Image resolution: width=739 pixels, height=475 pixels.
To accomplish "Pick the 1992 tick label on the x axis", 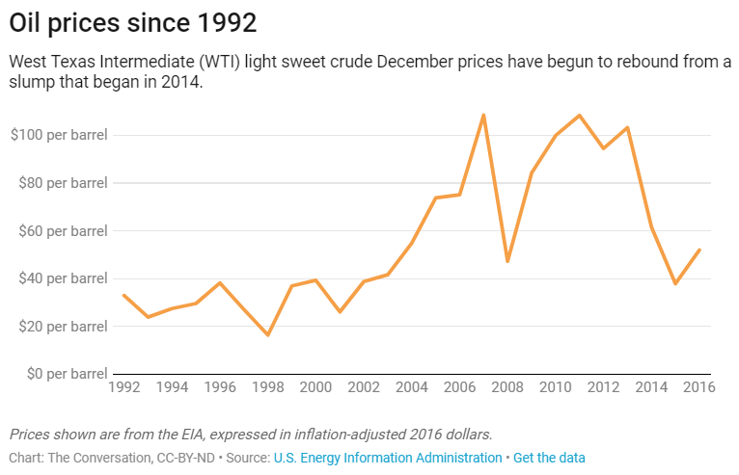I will [x=123, y=388].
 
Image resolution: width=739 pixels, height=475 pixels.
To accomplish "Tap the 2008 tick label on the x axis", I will [x=507, y=388].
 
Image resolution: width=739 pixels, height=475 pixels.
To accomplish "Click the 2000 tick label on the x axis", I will [x=315, y=388].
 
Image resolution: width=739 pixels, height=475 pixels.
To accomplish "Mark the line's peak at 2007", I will [x=483, y=115].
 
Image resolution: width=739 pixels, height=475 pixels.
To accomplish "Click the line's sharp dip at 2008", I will [x=507, y=261].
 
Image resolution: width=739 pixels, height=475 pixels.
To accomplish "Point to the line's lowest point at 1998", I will [x=267, y=335].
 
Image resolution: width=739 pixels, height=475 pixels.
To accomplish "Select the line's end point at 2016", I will [x=699, y=250].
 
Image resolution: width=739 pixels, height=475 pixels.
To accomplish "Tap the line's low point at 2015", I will [x=675, y=283].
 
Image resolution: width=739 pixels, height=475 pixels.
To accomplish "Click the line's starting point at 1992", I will [x=123, y=295].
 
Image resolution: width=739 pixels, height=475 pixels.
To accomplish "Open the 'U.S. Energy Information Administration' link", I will [x=388, y=458].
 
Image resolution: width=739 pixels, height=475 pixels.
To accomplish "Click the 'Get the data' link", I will [x=549, y=458].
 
